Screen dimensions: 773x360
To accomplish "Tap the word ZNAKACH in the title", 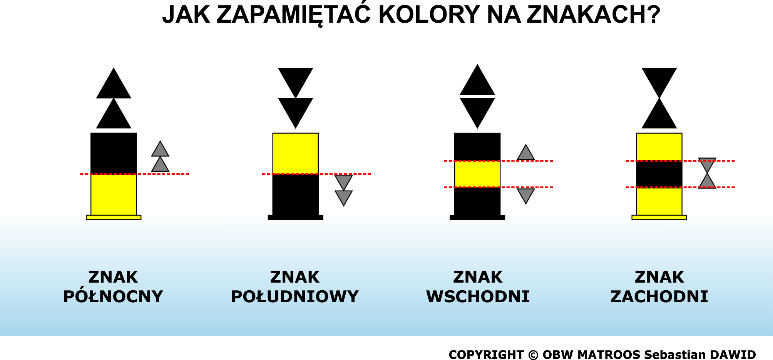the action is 593,15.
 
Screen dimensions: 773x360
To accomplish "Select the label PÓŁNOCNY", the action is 113,297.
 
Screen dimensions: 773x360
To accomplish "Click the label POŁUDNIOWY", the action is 295,297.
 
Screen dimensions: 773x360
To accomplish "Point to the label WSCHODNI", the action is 478,297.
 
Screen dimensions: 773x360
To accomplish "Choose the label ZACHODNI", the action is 659,297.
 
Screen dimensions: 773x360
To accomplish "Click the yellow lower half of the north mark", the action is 114,195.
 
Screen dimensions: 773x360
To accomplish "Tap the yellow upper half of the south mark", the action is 296,154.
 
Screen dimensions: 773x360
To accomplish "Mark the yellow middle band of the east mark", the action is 477,174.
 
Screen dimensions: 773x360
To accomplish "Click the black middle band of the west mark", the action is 659,174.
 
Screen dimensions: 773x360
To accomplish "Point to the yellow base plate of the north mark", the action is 114,218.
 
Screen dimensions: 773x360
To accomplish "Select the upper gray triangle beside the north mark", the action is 160,149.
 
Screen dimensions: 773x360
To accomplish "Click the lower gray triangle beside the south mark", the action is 344,198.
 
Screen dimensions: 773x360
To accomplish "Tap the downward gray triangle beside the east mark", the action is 526,196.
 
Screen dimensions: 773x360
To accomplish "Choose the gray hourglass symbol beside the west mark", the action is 707,173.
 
